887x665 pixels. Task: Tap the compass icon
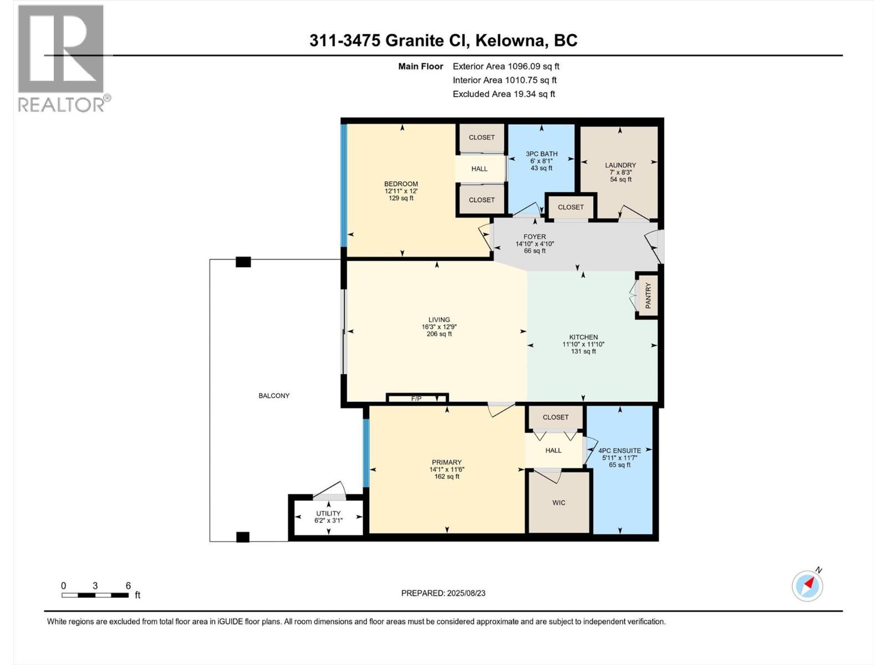click(x=807, y=586)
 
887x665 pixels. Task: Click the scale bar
click(x=95, y=595)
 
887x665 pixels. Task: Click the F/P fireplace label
click(x=416, y=398)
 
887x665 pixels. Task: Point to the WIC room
click(x=559, y=502)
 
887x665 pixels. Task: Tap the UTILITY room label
click(x=328, y=513)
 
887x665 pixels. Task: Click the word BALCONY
click(x=274, y=396)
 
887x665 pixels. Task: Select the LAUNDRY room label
click(x=620, y=165)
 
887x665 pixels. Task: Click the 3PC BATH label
click(x=542, y=154)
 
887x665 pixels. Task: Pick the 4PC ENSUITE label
click(x=619, y=451)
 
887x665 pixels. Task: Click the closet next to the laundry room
click(x=570, y=207)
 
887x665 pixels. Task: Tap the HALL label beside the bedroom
click(x=480, y=169)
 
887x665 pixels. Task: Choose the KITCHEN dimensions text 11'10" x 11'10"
click(x=583, y=344)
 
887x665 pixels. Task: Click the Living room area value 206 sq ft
click(x=439, y=334)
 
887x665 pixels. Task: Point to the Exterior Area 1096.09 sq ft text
click(x=506, y=66)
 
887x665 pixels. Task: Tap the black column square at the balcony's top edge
click(x=243, y=262)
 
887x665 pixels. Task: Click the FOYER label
click(x=534, y=237)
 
